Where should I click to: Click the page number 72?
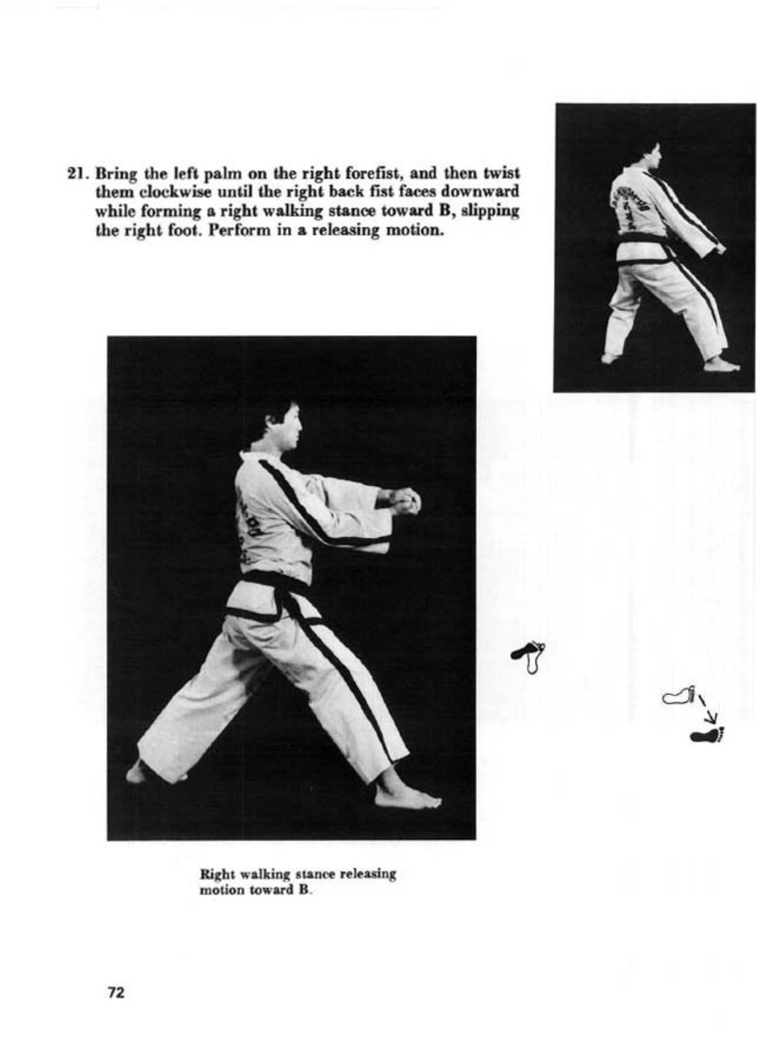click(116, 992)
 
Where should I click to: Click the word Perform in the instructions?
click(232, 230)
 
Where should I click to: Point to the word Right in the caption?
click(215, 874)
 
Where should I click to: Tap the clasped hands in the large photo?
click(405, 501)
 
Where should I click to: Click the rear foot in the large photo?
click(138, 772)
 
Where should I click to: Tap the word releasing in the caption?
click(367, 874)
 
